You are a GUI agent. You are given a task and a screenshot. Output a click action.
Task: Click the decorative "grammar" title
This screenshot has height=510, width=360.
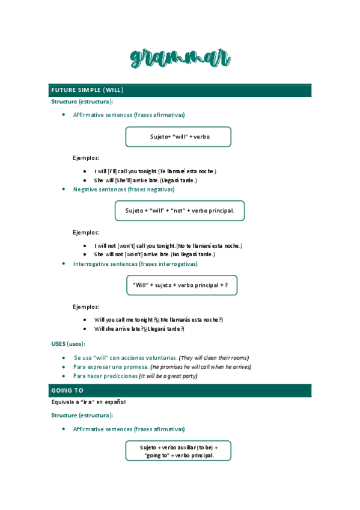tap(180, 58)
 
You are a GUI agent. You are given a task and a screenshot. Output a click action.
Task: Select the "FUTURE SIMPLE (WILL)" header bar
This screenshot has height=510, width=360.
tap(180, 90)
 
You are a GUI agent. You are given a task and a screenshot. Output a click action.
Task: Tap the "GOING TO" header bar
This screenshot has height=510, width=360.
tap(180, 390)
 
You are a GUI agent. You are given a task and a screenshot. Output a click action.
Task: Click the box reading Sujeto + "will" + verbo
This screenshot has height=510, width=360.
tap(178, 137)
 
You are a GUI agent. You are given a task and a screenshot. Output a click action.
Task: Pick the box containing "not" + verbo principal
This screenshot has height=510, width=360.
tap(179, 210)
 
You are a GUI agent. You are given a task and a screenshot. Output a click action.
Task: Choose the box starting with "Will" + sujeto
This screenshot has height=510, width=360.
tap(182, 285)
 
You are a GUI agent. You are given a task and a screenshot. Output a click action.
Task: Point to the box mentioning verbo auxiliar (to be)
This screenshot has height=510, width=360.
tap(178, 451)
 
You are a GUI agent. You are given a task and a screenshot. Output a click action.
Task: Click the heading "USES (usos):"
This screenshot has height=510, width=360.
tap(68, 343)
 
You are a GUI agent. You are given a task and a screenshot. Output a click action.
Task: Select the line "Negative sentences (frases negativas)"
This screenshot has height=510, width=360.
tap(124, 189)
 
